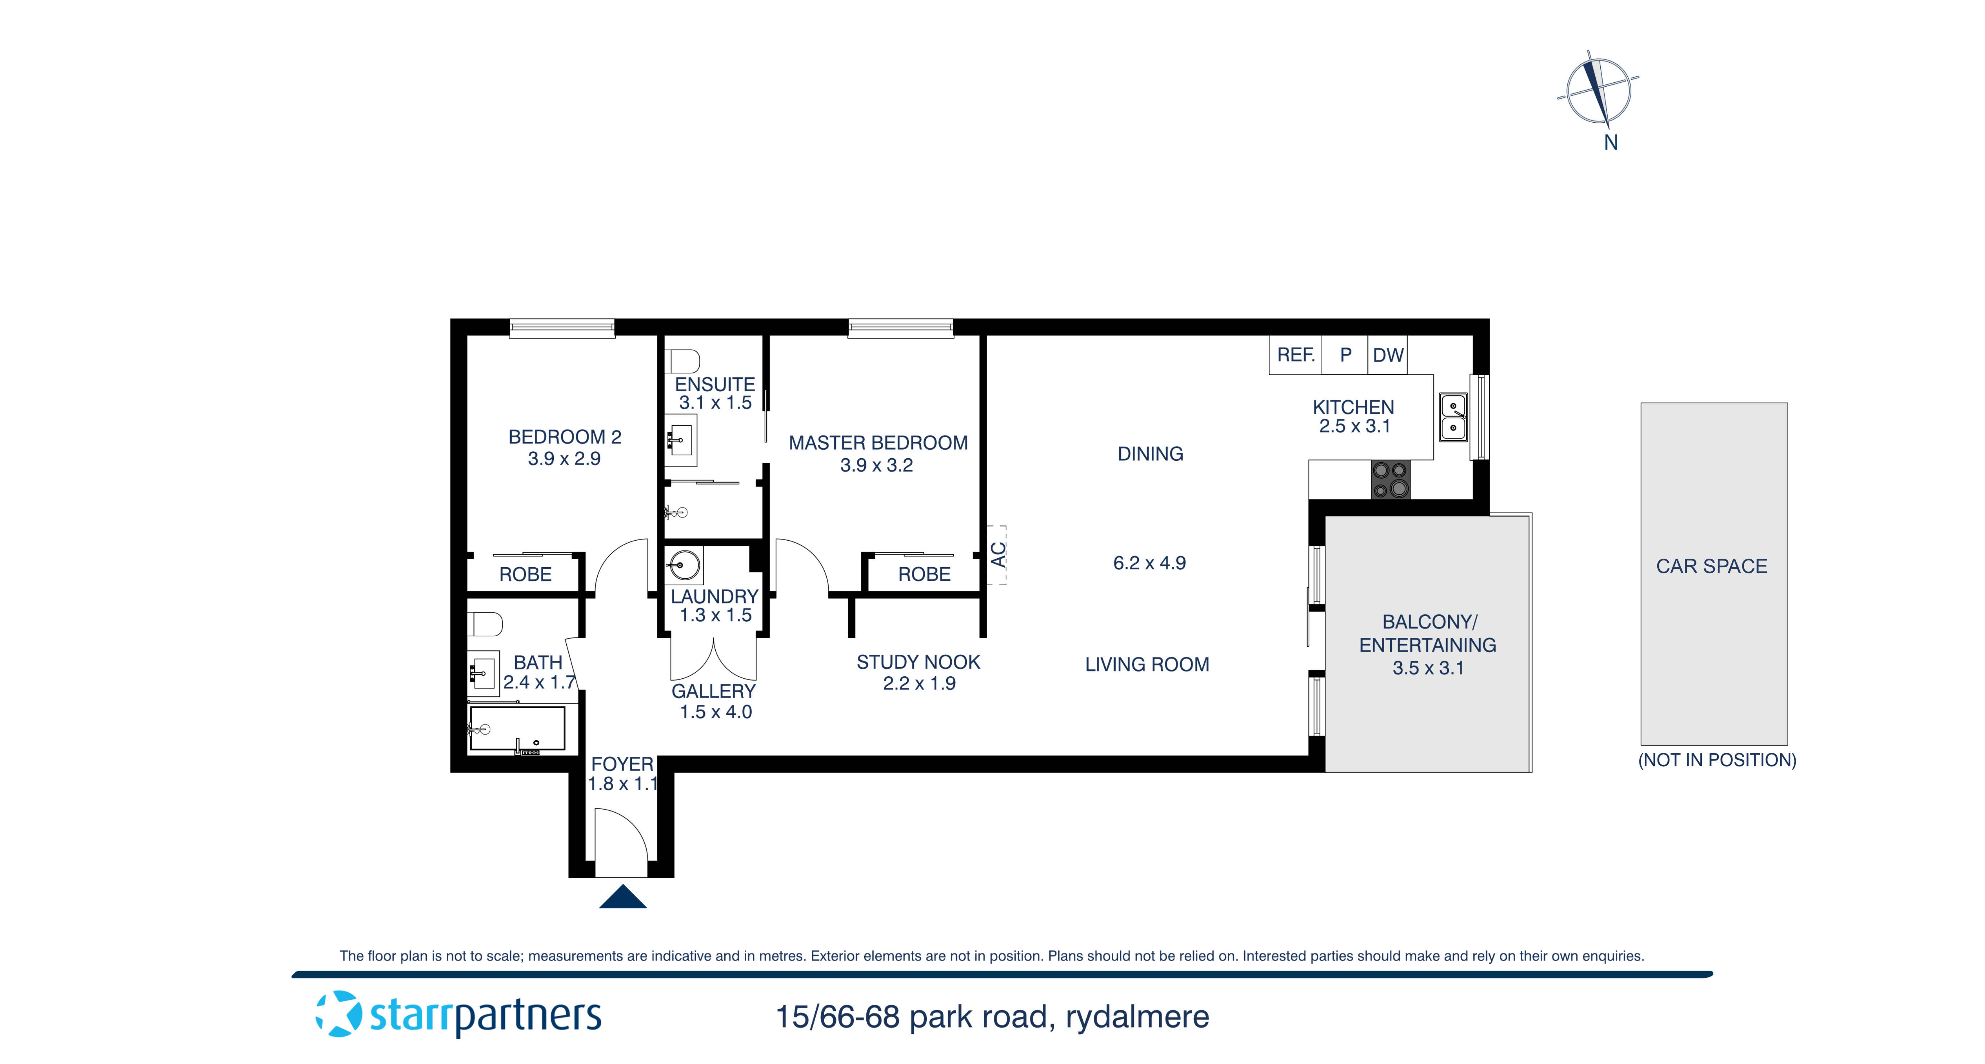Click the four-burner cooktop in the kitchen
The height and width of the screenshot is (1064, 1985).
(1390, 479)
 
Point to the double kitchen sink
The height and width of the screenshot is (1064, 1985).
(1453, 417)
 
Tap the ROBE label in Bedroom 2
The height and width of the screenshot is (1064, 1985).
(526, 575)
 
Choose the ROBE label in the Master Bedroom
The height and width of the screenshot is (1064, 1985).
(924, 575)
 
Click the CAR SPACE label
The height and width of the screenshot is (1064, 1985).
(1712, 566)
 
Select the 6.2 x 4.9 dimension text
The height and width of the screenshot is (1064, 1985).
(1149, 563)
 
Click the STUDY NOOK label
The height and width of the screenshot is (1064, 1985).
(918, 663)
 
